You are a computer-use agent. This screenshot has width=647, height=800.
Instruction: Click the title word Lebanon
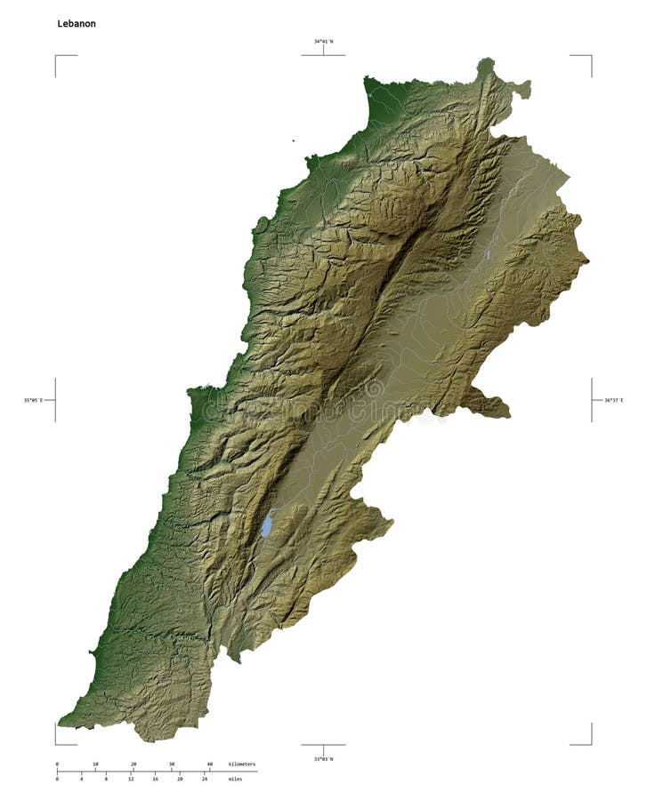click(77, 24)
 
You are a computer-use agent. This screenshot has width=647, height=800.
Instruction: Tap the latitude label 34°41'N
click(323, 41)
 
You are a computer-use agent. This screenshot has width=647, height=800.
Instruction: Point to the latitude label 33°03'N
click(323, 758)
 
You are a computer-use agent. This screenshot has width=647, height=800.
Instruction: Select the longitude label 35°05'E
click(33, 400)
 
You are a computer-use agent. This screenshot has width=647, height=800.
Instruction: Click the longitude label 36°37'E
click(614, 400)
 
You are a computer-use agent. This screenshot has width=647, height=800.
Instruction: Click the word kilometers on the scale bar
click(241, 764)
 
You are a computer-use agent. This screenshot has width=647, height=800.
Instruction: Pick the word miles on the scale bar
click(235, 779)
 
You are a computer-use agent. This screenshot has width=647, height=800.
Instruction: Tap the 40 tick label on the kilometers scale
click(210, 764)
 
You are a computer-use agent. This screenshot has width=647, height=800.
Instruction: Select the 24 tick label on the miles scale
click(205, 779)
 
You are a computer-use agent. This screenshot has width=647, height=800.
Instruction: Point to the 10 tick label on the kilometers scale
click(95, 764)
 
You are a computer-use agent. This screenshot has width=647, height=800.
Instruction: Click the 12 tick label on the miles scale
click(131, 779)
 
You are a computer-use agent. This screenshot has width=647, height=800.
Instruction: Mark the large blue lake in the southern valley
click(266, 525)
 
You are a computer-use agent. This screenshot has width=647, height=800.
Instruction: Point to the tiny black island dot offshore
click(293, 140)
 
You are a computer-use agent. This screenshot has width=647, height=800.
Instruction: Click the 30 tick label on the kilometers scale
click(172, 764)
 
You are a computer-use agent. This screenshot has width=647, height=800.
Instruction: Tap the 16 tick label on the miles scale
click(156, 779)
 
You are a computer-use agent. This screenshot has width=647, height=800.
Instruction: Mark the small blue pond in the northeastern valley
click(488, 255)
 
